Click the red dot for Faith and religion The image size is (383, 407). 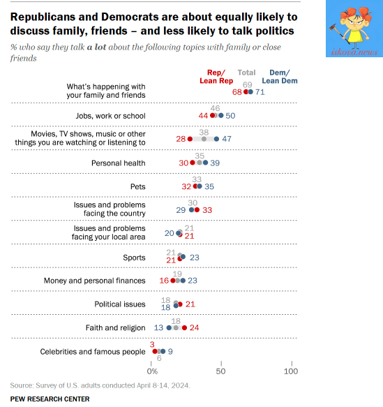(x=184, y=328)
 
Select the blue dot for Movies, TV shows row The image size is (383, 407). (x=216, y=139)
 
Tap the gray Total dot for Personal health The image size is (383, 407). (x=199, y=163)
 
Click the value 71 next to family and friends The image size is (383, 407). (x=260, y=92)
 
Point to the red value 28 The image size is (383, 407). (x=181, y=139)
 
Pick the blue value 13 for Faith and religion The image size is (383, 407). (x=158, y=328)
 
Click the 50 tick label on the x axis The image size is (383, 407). (x=220, y=371)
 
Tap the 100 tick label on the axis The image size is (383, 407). (x=291, y=371)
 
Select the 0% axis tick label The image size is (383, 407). (x=152, y=371)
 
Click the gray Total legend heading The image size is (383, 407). (x=246, y=73)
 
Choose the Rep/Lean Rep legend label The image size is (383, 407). (x=216, y=77)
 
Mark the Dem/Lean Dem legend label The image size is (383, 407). (x=280, y=77)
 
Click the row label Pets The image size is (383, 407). (x=137, y=186)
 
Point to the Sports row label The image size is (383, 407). (x=134, y=258)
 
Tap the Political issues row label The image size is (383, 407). (x=120, y=304)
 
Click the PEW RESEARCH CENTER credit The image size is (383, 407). (x=50, y=399)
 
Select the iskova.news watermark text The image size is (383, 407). (x=354, y=52)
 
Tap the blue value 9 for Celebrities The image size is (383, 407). (x=170, y=351)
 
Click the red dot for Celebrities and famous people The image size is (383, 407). (x=155, y=351)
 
